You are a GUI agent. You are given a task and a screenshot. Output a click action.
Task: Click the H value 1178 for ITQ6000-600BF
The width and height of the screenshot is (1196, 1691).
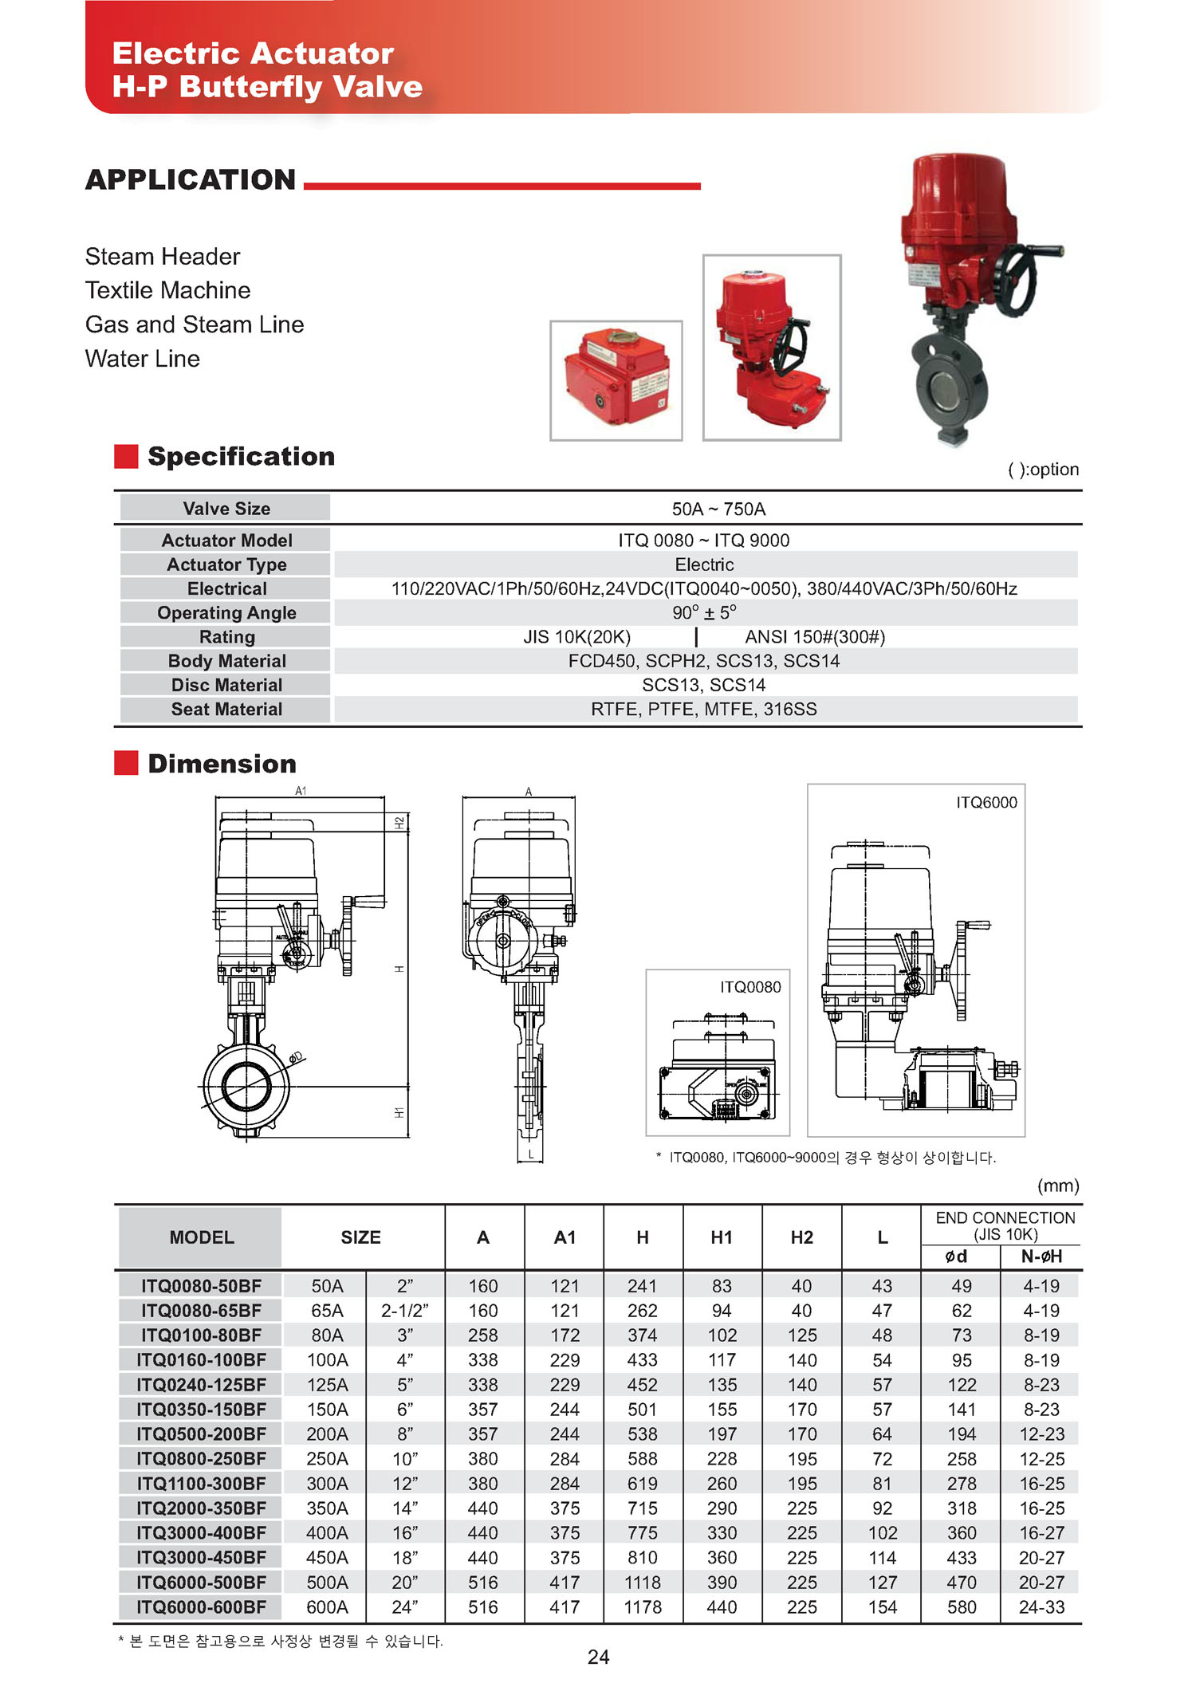tap(643, 1606)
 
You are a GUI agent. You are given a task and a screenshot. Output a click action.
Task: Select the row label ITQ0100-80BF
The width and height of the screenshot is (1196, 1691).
tap(201, 1335)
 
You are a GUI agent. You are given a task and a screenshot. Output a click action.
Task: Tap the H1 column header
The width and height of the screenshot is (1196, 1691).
tap(722, 1237)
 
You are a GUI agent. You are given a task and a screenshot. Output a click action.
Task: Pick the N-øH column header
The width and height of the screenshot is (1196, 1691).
tap(1041, 1256)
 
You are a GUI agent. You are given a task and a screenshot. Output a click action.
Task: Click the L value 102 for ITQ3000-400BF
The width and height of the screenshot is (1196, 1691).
tap(882, 1532)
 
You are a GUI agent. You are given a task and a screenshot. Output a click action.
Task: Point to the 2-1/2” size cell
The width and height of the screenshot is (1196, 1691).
tap(404, 1310)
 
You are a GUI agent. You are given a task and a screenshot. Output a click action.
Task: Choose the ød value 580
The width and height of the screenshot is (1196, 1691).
tap(962, 1606)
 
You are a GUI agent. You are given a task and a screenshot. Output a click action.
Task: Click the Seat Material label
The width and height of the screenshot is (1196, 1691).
tap(226, 709)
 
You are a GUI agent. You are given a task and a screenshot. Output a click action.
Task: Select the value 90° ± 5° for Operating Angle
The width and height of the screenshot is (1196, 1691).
tap(704, 612)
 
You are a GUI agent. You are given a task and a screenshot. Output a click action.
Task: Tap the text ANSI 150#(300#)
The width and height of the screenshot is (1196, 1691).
tap(815, 636)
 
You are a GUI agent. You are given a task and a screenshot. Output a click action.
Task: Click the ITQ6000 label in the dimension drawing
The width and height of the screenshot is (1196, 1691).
tap(986, 802)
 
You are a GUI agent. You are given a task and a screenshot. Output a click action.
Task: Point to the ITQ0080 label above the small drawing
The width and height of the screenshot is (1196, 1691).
tap(750, 987)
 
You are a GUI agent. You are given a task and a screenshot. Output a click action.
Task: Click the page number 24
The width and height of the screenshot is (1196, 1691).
tap(598, 1657)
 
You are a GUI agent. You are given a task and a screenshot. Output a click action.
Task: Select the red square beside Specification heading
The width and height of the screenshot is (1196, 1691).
tap(126, 456)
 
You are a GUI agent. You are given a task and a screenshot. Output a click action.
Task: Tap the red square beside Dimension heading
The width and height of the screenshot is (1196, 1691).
tap(126, 763)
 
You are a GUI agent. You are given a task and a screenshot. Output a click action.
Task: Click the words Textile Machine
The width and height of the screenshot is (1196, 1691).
tap(167, 290)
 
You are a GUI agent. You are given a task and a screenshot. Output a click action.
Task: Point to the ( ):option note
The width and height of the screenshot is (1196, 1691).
tap(1043, 469)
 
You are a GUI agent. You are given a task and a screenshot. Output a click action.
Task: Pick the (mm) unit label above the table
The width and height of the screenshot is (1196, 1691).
tap(1058, 1186)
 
